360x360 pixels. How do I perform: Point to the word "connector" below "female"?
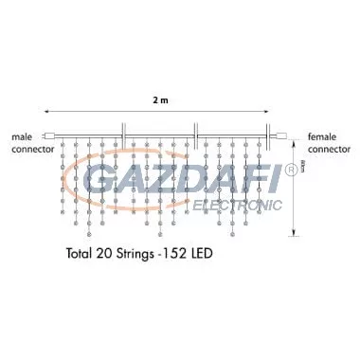coord(330,149)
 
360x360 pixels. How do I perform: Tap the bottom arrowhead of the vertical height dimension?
coord(295,232)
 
